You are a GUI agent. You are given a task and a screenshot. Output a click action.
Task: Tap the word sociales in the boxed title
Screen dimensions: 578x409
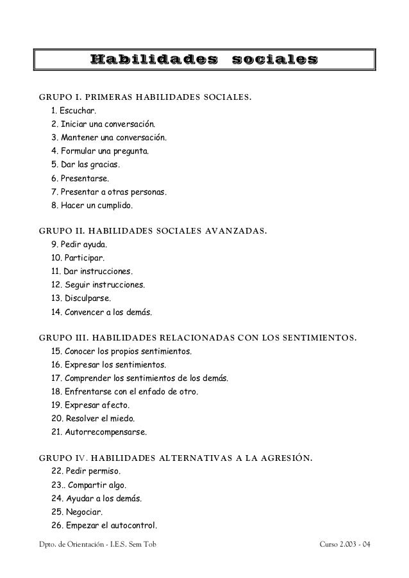pos(274,60)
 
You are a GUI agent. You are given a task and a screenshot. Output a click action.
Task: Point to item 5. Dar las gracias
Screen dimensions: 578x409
pos(85,165)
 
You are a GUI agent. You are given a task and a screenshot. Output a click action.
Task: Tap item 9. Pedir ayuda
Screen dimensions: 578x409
pos(79,245)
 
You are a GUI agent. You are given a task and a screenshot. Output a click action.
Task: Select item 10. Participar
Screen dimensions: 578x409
pos(78,258)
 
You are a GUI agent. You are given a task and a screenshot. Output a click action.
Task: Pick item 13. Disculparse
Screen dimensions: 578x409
pos(80,298)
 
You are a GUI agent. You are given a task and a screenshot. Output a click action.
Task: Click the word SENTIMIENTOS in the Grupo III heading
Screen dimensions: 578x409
pos(319,337)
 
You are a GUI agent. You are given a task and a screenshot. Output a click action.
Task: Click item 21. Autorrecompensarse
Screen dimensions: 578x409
pos(98,432)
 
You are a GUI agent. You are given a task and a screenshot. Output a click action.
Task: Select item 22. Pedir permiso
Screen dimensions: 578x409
pos(85,472)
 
